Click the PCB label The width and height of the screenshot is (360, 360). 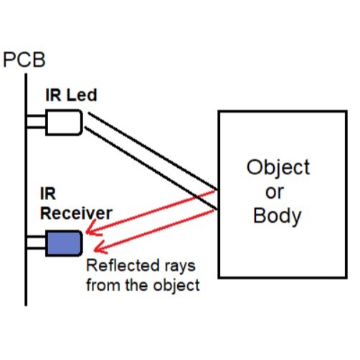[x=24, y=60]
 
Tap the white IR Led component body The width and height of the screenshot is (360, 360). [x=64, y=123]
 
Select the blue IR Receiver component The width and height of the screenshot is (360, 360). [x=64, y=243]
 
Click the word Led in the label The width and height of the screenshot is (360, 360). [x=82, y=95]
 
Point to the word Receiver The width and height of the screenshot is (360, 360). [x=76, y=213]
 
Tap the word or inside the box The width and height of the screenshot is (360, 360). [x=275, y=192]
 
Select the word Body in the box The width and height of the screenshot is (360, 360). [x=277, y=216]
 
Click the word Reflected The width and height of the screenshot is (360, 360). [x=123, y=265]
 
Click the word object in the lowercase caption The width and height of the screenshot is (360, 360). [x=176, y=286]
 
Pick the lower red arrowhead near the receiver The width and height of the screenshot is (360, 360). [x=100, y=247]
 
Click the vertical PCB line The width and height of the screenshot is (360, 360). [x=26, y=189]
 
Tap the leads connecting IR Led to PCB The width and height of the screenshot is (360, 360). [x=37, y=122]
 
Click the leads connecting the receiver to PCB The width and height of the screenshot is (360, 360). [x=37, y=242]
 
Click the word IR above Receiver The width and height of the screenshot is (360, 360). [x=48, y=194]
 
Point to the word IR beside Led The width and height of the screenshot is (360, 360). [x=53, y=95]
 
